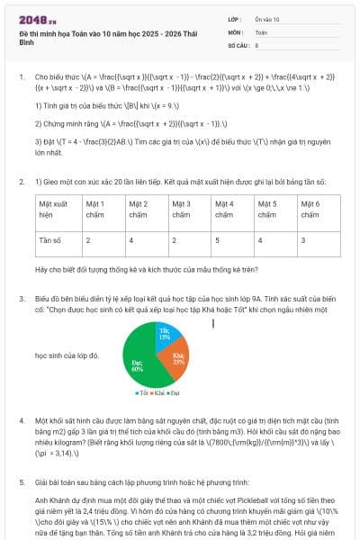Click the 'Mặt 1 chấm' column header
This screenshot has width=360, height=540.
[102, 210]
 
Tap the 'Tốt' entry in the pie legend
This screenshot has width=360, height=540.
[141, 393]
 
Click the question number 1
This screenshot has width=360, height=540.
[21, 77]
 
